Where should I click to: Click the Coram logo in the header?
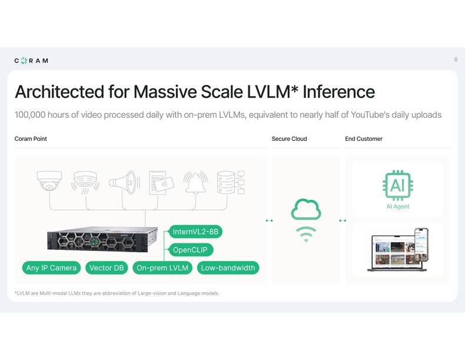click(x=31, y=60)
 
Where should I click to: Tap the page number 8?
click(x=456, y=60)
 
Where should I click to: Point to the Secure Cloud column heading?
click(x=289, y=139)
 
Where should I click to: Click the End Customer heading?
click(x=363, y=139)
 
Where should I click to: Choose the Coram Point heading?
click(x=31, y=139)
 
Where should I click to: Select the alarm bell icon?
click(x=195, y=181)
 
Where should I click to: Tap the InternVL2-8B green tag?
click(x=195, y=232)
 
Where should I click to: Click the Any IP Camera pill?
click(x=51, y=268)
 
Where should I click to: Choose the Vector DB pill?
click(x=107, y=268)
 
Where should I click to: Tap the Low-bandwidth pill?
click(x=228, y=268)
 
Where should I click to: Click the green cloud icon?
click(x=306, y=209)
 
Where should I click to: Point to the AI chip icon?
click(x=397, y=186)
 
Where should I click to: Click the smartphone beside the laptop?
click(x=421, y=244)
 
